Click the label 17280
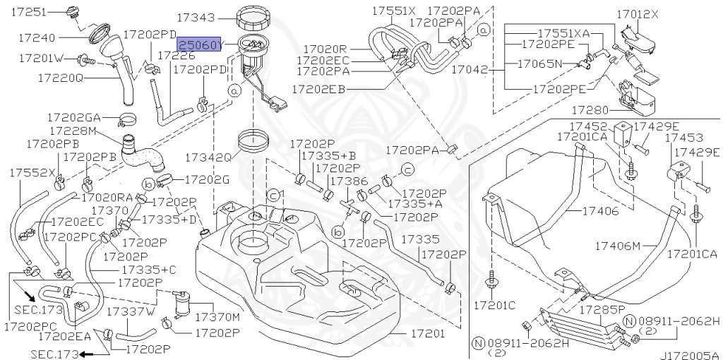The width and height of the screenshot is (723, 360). click(590, 110)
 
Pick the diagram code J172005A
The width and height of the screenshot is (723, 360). click(690, 355)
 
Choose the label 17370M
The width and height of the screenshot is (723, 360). click(217, 316)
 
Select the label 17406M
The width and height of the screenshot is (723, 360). click(616, 246)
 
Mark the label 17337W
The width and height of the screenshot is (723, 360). click(131, 311)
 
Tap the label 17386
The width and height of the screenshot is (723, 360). click(349, 181)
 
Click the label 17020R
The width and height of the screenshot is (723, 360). click(325, 49)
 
